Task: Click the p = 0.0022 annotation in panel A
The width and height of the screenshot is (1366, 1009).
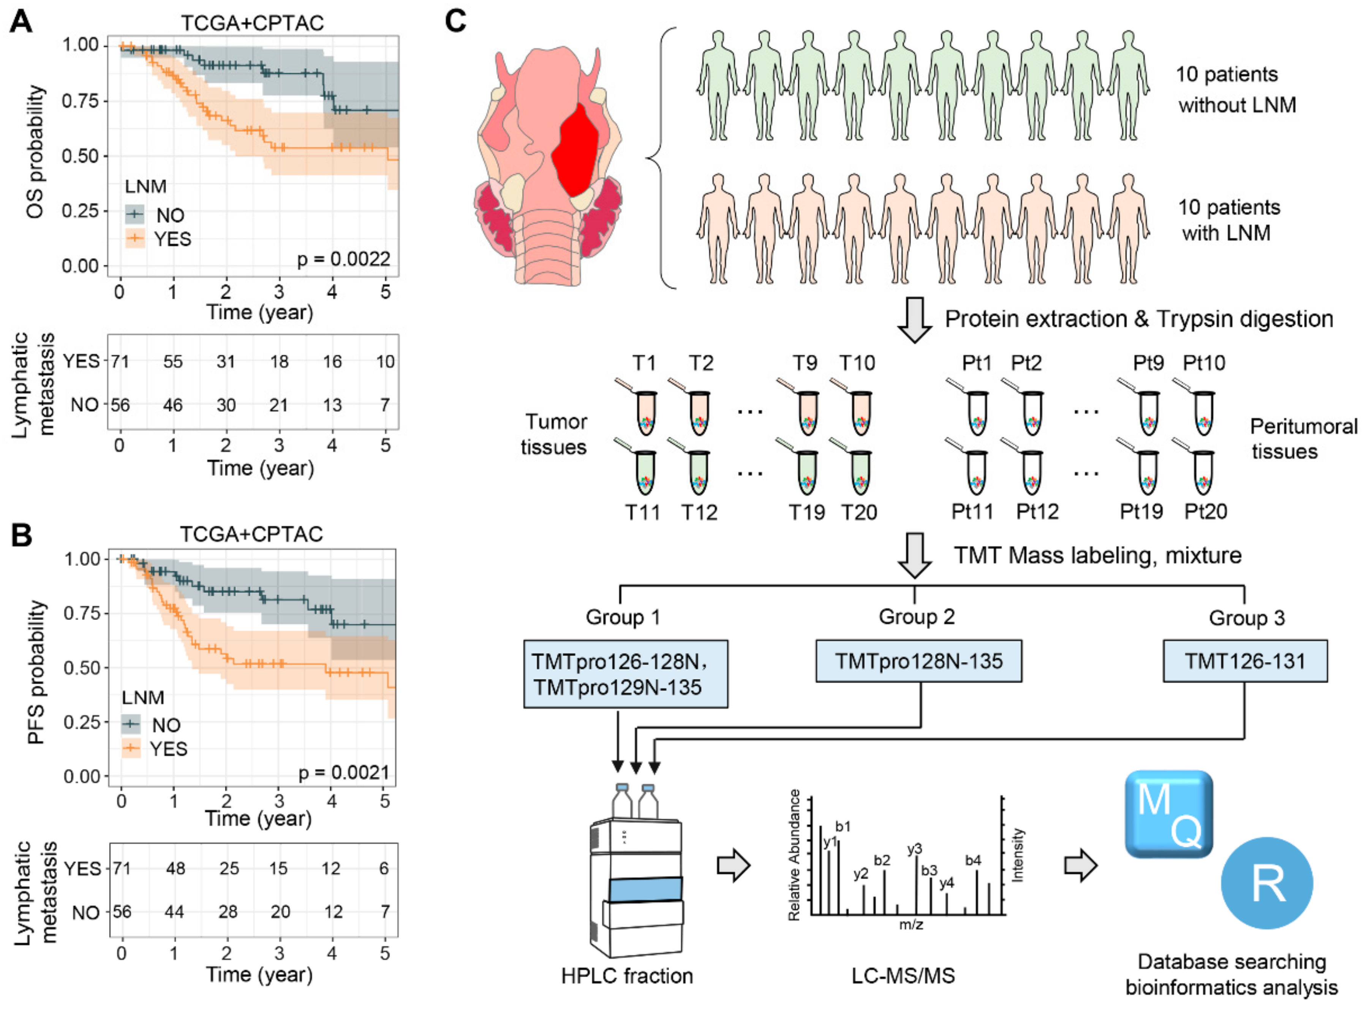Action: (343, 259)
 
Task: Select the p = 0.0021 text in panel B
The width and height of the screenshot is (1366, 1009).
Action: (343, 773)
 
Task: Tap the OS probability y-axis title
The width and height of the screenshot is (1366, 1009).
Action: (35, 152)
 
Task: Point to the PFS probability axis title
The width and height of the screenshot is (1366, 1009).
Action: (36, 672)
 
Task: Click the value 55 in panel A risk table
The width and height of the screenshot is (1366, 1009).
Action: (173, 362)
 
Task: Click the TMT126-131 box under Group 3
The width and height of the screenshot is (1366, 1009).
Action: (1244, 661)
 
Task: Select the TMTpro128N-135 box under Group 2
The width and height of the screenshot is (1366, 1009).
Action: (919, 661)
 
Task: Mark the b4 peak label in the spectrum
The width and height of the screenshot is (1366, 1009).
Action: (973, 860)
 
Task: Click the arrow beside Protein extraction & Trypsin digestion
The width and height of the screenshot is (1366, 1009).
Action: (914, 319)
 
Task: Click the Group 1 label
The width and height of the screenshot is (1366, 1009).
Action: (622, 617)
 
